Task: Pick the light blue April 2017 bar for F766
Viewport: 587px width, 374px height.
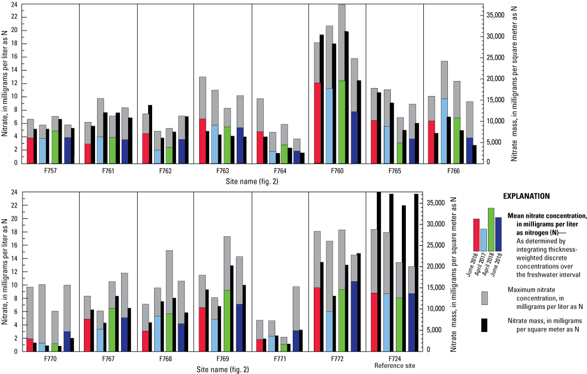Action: tap(444, 130)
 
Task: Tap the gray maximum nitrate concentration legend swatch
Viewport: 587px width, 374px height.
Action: tap(485, 298)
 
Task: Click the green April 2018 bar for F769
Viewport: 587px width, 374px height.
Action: tap(227, 320)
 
